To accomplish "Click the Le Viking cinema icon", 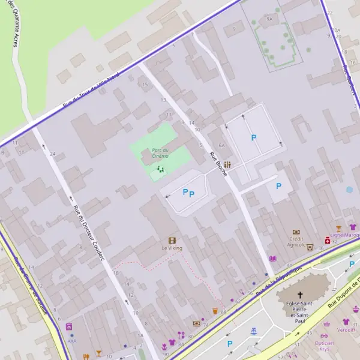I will tap(172, 239).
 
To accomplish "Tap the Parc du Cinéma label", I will tap(160, 153).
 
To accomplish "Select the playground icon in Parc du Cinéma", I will tap(160, 170).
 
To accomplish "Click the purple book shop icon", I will tap(273, 258).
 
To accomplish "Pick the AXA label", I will tap(72, 341).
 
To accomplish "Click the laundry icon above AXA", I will tap(69, 327).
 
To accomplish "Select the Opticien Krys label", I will tap(325, 346).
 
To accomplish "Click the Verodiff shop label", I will tap(346, 330).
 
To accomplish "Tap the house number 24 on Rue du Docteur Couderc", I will tap(53, 154).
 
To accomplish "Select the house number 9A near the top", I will tap(269, 19).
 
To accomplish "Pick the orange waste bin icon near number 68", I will tap(215, 311).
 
